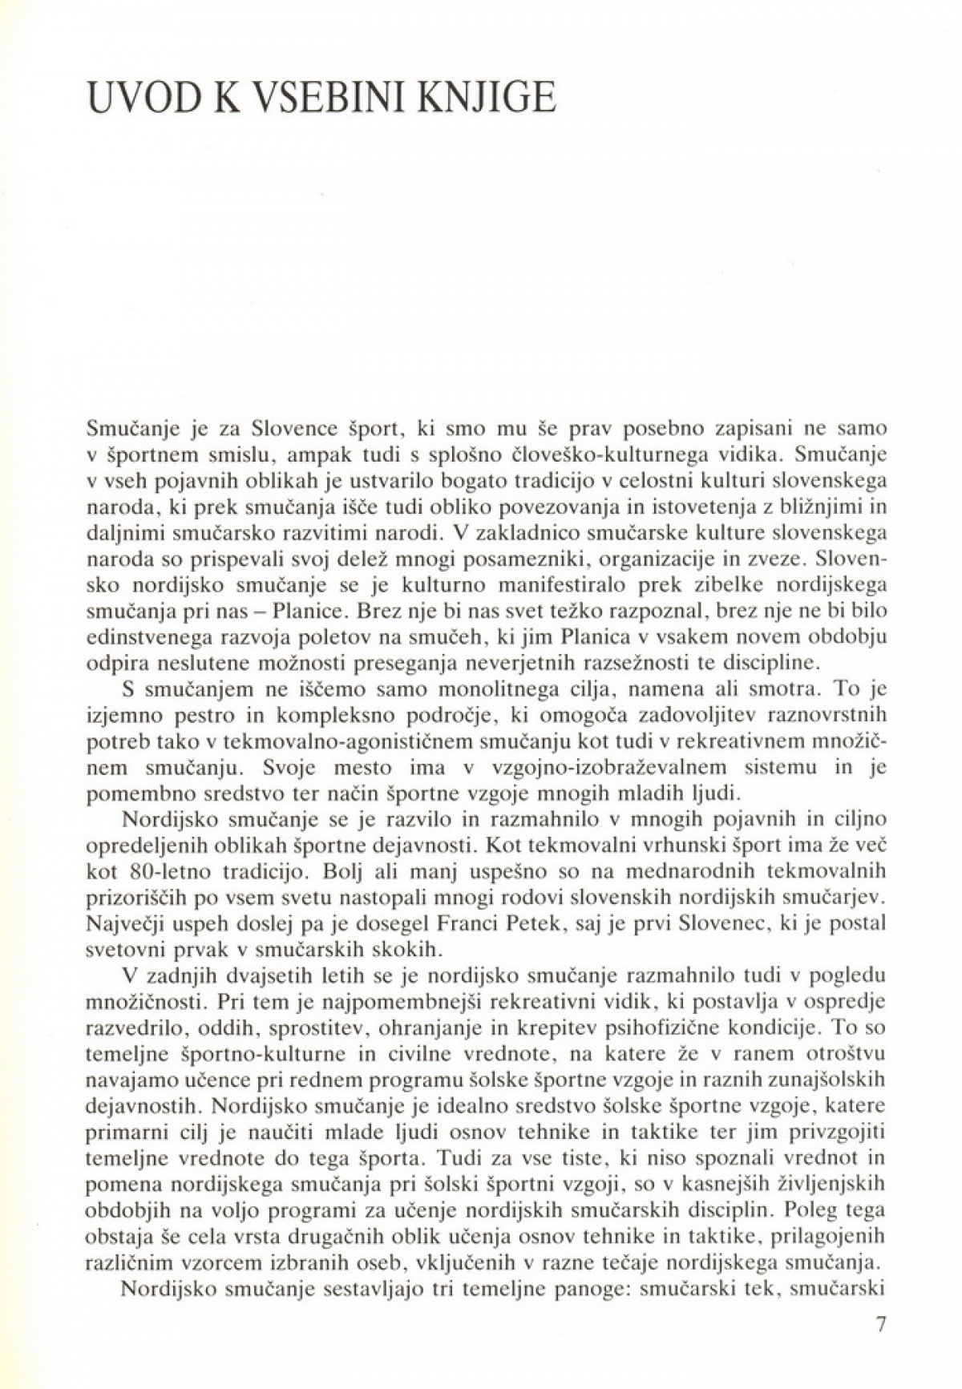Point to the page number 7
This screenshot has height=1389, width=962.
(879, 1346)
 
